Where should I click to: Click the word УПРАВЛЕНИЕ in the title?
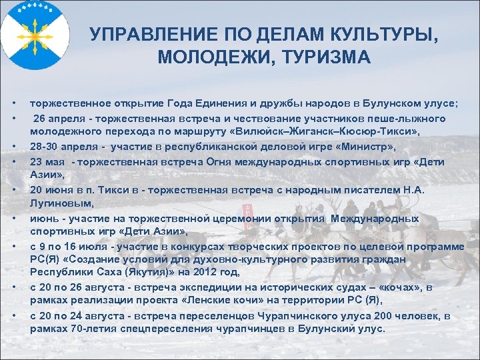tap(142, 34)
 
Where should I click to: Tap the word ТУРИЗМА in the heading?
tap(330, 57)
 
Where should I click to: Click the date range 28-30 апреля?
tap(61, 147)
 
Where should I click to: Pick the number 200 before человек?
tap(394, 315)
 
